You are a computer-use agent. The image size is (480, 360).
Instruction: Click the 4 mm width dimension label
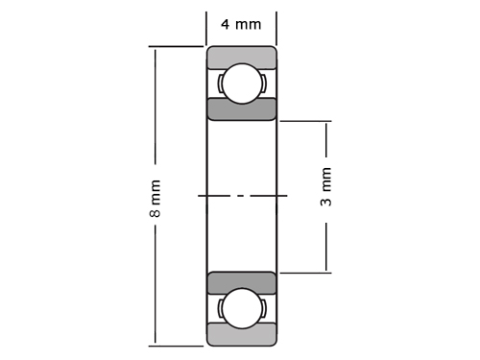coord(241,24)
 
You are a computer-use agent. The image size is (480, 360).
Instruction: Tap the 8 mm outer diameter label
coord(156,199)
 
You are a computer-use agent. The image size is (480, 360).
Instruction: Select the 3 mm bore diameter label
coord(326,186)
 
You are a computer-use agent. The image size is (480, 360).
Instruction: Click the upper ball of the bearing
coord(242,84)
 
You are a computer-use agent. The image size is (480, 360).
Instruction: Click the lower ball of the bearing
coord(242,308)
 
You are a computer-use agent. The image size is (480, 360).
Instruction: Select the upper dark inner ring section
coord(242,109)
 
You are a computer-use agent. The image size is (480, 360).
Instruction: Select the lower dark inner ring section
coord(242,283)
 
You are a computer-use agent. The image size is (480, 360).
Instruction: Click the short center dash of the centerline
coord(242,195)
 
